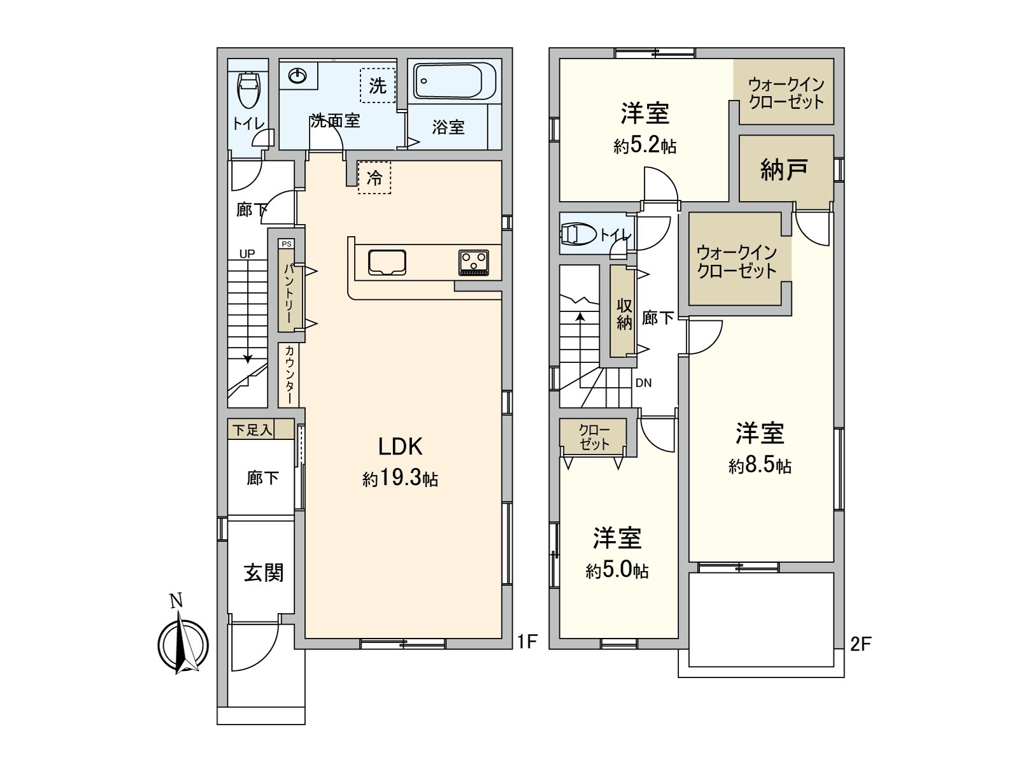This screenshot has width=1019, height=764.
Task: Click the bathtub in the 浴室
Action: tap(454, 81)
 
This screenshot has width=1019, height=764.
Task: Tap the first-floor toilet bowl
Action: tap(249, 90)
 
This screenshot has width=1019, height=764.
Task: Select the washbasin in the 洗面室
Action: tap(297, 76)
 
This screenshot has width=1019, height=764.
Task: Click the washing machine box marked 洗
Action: tap(378, 85)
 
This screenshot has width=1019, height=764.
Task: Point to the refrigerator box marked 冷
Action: tap(374, 177)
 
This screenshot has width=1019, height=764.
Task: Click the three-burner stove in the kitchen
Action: tap(474, 262)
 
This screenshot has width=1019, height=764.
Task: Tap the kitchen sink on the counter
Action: tap(387, 262)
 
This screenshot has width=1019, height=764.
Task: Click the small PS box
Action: tap(287, 244)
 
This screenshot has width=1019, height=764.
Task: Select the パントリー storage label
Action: tap(289, 293)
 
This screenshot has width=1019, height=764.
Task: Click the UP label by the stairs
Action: tap(247, 254)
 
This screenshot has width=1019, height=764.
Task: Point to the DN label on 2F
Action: tap(643, 383)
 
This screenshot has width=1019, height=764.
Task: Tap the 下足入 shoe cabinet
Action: tap(260, 429)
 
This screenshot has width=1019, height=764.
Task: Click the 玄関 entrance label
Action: tap(264, 573)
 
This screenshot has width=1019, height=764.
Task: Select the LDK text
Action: tap(400, 447)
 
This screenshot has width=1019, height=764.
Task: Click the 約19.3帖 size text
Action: tap(400, 478)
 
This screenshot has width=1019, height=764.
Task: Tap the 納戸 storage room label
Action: tap(783, 170)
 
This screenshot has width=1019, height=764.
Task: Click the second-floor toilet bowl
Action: tap(578, 234)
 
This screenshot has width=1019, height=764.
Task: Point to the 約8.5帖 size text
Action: tap(760, 465)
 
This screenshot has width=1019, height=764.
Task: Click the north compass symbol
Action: tap(183, 638)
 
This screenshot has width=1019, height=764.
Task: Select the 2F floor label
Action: tap(860, 644)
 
